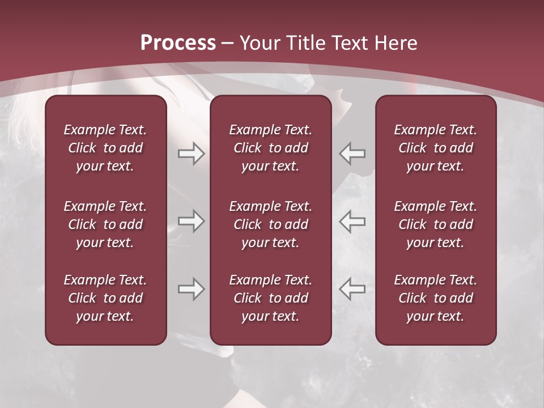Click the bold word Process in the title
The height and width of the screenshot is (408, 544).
pyautogui.click(x=178, y=42)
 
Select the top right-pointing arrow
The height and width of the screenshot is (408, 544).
pyautogui.click(x=191, y=154)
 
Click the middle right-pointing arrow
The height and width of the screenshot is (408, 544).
pyautogui.click(x=191, y=221)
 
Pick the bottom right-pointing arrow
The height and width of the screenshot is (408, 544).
pyautogui.click(x=191, y=289)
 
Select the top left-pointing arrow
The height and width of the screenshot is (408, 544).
pyautogui.click(x=352, y=154)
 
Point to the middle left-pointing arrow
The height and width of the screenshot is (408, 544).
pyautogui.click(x=352, y=221)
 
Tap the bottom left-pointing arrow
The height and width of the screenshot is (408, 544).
pyautogui.click(x=352, y=289)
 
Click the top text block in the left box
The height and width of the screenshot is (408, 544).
pyautogui.click(x=105, y=148)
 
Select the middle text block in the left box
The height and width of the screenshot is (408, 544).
pyautogui.click(x=105, y=224)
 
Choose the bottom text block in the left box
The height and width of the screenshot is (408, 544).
pyautogui.click(x=105, y=298)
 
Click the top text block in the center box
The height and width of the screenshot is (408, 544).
pyautogui.click(x=271, y=148)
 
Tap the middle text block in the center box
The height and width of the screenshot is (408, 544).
pyautogui.click(x=271, y=224)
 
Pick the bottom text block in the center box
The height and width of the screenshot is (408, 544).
pyautogui.click(x=271, y=298)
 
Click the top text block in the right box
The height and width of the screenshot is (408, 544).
pyautogui.click(x=436, y=148)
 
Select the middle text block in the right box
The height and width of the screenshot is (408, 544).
pyautogui.click(x=436, y=224)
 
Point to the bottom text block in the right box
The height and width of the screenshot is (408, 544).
pyautogui.click(x=436, y=298)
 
